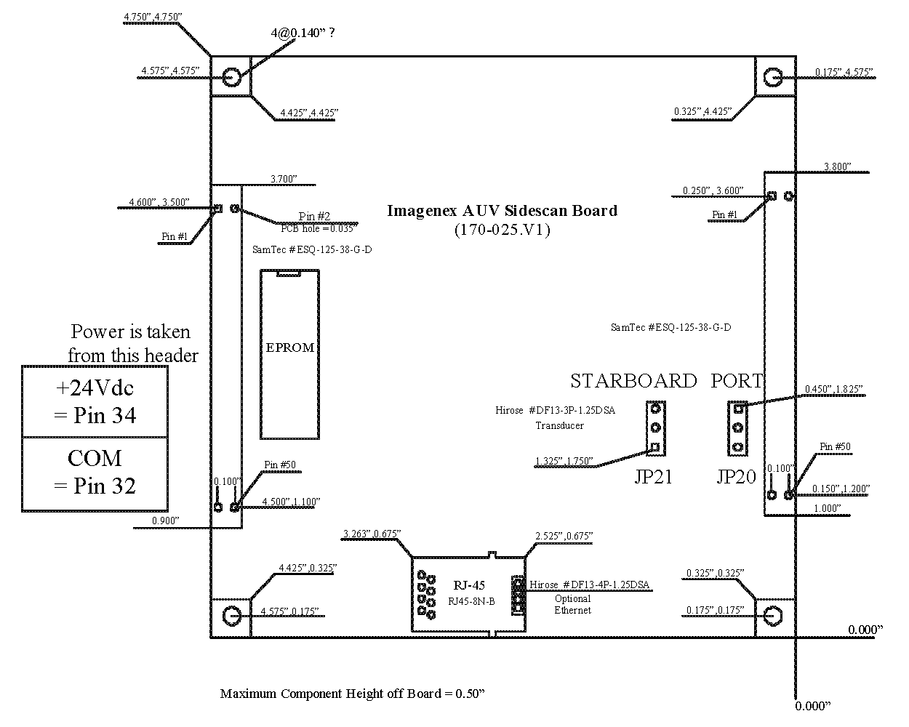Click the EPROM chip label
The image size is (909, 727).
point(289,348)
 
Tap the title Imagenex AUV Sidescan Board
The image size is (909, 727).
point(502,210)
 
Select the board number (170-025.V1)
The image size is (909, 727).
point(502,230)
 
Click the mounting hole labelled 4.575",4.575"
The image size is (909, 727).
point(231,77)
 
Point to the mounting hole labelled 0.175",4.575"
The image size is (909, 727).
point(773,77)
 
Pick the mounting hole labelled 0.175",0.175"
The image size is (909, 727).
point(773,616)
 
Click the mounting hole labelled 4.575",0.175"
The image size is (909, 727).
point(231,616)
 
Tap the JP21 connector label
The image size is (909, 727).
point(653,476)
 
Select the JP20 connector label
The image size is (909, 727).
point(736,476)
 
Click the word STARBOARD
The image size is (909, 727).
point(633,381)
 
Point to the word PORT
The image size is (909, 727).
point(737,381)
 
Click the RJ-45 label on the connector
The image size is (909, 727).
point(469,585)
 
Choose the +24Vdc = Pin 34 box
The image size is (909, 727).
point(95,401)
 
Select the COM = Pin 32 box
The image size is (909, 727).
point(95,474)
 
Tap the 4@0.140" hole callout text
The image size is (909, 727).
point(303,33)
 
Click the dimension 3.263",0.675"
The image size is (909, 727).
point(372,534)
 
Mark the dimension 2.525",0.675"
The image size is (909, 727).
point(564,536)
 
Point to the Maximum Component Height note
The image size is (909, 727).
point(352,694)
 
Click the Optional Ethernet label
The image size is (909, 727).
point(573,604)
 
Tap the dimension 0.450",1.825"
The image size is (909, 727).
point(833,389)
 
